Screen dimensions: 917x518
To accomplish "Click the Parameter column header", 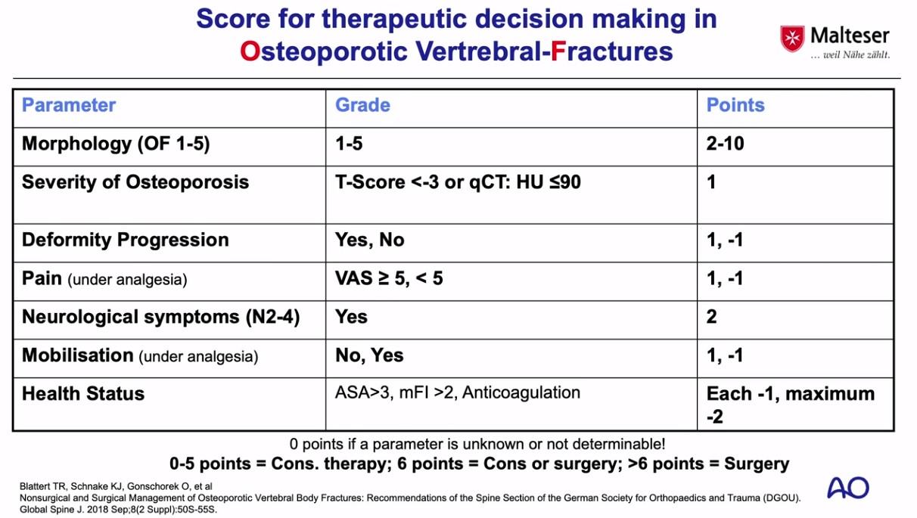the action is coord(69,105).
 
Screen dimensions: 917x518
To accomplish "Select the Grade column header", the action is coord(362,105).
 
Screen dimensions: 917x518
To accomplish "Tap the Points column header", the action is coord(735,105).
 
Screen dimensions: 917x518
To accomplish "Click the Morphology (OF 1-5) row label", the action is coord(116,144).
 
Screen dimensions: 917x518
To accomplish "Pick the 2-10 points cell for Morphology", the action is coord(725,144).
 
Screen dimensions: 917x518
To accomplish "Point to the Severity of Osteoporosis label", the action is coord(135,182).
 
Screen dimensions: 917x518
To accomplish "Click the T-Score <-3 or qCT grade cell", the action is coord(458,182).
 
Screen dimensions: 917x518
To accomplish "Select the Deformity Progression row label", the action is coord(126,240).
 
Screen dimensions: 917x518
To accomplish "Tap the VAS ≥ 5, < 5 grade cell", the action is coord(389,278).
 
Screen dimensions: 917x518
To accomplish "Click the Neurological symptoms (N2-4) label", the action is coord(161,317).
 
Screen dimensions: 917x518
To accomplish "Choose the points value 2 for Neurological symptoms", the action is coord(711,317).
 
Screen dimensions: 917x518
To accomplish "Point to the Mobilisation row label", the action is coord(140,355).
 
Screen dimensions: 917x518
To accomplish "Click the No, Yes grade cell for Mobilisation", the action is coord(369,355).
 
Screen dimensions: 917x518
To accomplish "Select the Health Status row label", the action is coord(83,394).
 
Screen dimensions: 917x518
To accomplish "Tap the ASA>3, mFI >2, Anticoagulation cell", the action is coord(458,392).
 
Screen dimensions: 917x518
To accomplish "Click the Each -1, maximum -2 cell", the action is coord(791,405).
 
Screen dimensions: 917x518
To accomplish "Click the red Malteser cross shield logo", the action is coord(792,39).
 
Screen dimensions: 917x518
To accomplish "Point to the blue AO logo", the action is coord(848,488).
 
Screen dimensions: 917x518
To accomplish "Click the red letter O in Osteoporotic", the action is coord(250,51).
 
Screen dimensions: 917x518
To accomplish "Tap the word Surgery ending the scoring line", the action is coord(757,464).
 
